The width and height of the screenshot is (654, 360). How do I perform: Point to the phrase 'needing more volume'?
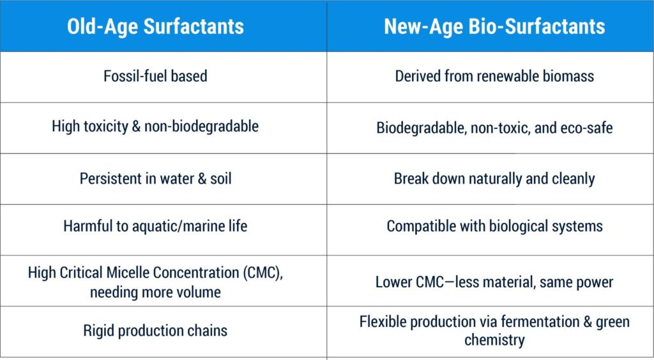[155, 292]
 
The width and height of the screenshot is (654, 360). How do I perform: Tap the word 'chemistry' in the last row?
[494, 340]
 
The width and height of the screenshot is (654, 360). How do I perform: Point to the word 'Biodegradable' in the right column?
[422, 128]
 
